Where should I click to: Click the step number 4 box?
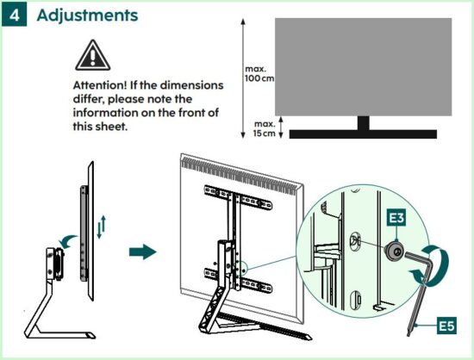coord(14,16)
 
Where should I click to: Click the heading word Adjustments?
coord(87,16)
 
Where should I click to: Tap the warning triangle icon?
coord(93,55)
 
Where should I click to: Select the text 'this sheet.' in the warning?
coord(100,127)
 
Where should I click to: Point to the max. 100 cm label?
coord(259,74)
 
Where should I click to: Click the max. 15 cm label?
coord(265,128)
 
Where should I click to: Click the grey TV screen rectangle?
coord(363,66)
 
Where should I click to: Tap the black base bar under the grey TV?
coord(363,134)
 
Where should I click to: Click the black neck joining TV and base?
coord(363,123)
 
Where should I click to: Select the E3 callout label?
coord(397,217)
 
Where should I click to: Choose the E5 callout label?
coord(446,326)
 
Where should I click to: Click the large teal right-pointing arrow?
coord(143,251)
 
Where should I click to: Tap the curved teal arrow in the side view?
coord(68,240)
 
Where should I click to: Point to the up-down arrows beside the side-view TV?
coord(102,227)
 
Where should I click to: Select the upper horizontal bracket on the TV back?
coord(238,197)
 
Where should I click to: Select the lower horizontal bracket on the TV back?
coord(238,280)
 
